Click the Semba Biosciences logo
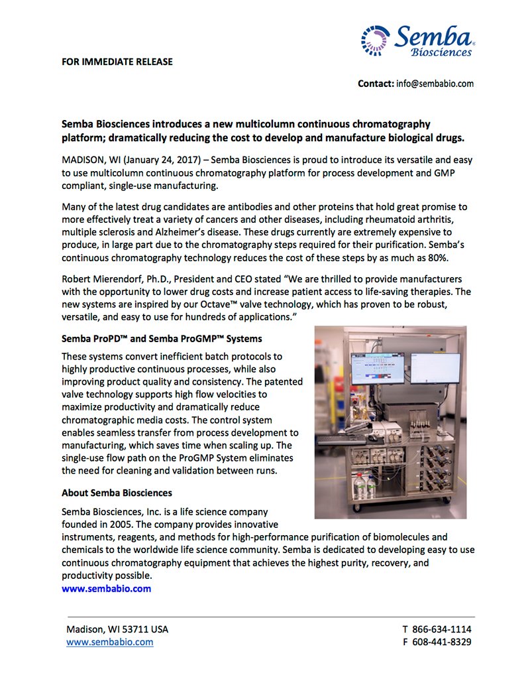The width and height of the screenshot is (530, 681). click(x=417, y=40)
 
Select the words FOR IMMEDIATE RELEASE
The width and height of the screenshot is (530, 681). click(x=117, y=62)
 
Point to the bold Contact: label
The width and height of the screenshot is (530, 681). click(x=376, y=84)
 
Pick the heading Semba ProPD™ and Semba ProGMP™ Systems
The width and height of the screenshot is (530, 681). click(x=162, y=339)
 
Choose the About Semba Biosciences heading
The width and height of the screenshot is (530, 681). click(x=117, y=493)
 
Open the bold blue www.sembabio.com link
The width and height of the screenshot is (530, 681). click(x=106, y=588)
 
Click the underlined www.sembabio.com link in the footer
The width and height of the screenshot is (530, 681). click(x=109, y=642)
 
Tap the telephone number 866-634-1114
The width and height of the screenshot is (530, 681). click(x=442, y=629)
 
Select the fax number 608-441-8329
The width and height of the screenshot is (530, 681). click(x=442, y=642)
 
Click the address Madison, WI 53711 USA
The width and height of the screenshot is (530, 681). click(x=117, y=629)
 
